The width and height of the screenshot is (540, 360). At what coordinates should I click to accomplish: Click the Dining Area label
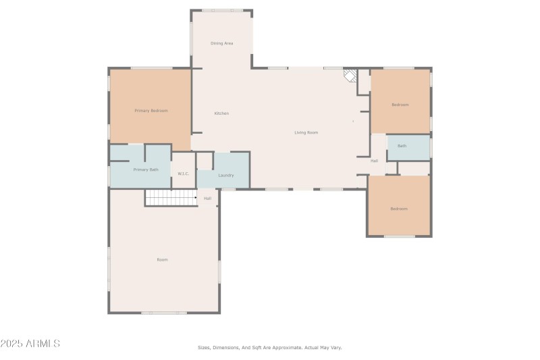(222, 43)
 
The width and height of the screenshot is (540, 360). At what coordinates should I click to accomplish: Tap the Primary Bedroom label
(151, 111)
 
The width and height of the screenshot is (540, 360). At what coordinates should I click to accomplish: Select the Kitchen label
(221, 113)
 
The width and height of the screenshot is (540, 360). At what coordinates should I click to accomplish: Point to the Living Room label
(306, 132)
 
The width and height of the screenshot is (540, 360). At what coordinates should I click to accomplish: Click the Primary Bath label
(146, 170)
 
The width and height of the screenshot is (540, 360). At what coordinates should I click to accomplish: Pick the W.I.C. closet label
(184, 174)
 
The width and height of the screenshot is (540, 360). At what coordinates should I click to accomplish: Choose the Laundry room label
(226, 176)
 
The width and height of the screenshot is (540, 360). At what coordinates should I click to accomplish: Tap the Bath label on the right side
(402, 146)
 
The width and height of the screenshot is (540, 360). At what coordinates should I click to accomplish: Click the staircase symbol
(170, 197)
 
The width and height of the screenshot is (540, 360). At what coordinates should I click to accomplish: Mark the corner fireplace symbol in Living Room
(350, 74)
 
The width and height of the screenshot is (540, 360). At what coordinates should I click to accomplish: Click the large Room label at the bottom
(163, 259)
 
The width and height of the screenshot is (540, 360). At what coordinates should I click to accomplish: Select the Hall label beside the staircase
(208, 199)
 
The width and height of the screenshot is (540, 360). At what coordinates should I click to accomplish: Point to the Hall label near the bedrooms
(374, 161)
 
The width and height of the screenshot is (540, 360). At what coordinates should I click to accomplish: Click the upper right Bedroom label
(400, 105)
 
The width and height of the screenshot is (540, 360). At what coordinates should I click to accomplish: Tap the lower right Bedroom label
(399, 209)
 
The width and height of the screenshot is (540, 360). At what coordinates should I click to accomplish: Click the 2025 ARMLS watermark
(30, 344)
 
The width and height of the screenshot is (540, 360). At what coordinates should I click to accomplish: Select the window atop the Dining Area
(222, 10)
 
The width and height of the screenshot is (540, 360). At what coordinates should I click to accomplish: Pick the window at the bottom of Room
(163, 313)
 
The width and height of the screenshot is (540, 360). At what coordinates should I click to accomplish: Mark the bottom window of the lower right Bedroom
(399, 236)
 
